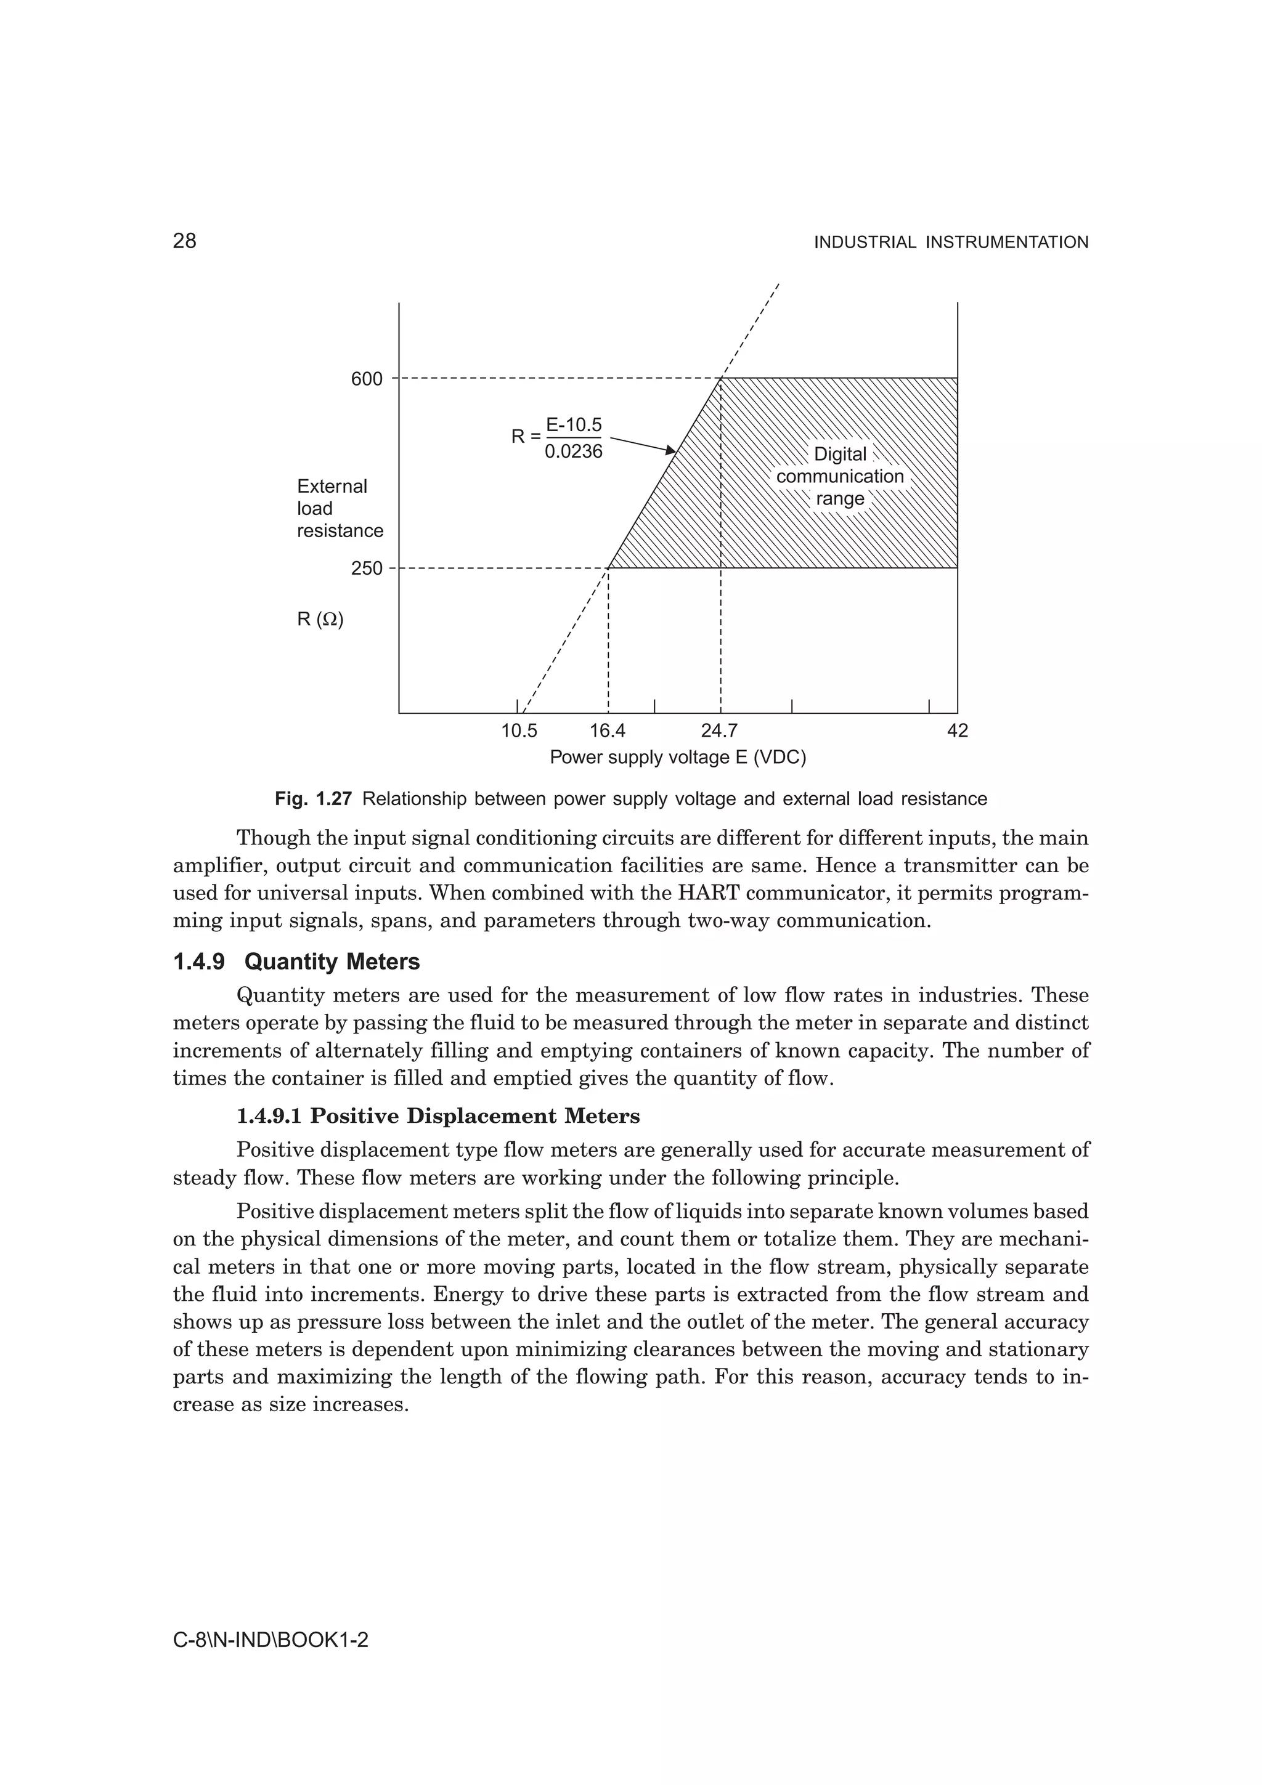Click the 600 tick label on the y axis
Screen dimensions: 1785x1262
[367, 379]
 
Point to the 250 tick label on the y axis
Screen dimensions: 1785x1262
[367, 569]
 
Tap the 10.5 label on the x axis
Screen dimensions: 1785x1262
[519, 732]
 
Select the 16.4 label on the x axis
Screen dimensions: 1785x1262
[608, 732]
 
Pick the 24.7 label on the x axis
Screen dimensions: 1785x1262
[719, 732]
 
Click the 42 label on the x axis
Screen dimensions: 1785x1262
[958, 732]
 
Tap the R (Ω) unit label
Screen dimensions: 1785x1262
[320, 620]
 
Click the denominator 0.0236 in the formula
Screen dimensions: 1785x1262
[574, 451]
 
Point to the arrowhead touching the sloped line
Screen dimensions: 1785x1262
[672, 450]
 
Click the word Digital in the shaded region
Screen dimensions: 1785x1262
[840, 455]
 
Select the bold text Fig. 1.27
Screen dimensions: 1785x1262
[314, 799]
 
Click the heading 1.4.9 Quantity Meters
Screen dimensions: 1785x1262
[296, 963]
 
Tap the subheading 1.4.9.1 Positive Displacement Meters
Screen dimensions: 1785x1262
[438, 1117]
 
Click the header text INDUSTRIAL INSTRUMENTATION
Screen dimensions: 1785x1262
[951, 243]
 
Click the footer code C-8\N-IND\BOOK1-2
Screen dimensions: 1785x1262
[271, 1640]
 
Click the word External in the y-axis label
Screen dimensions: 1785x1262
[332, 487]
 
